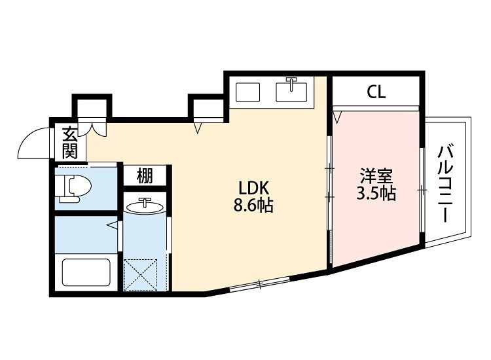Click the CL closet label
(376, 92)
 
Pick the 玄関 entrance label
(70, 142)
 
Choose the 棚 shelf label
(145, 176)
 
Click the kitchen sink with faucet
(292, 91)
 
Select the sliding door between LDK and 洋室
(329, 183)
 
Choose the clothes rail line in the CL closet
(376, 107)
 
